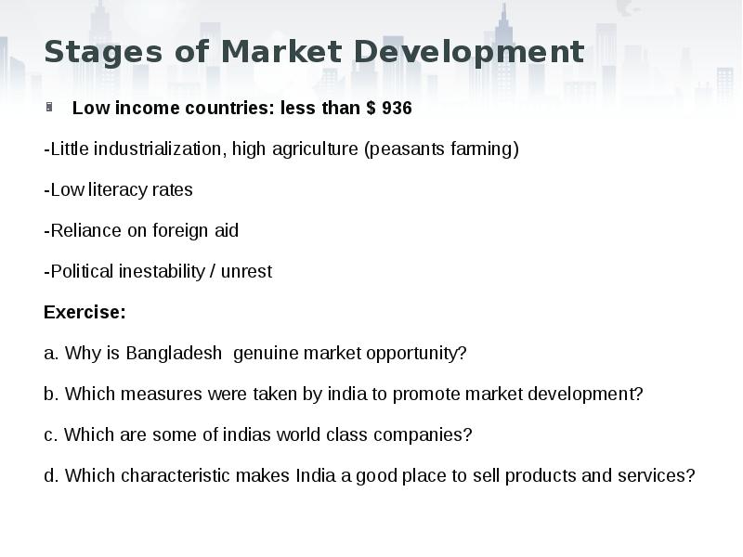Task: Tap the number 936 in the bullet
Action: click(x=397, y=108)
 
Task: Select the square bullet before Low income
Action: click(x=49, y=107)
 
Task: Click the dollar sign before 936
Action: click(x=371, y=108)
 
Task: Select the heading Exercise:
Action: click(x=85, y=312)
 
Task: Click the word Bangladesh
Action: click(x=174, y=353)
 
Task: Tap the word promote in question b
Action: click(x=423, y=394)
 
